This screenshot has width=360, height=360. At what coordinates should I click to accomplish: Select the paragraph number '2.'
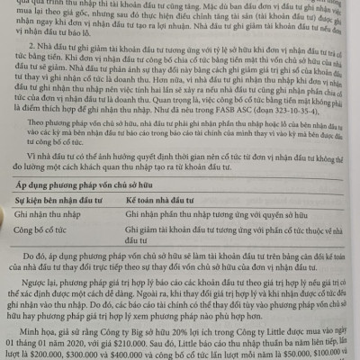pyautogui.click(x=34, y=56)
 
